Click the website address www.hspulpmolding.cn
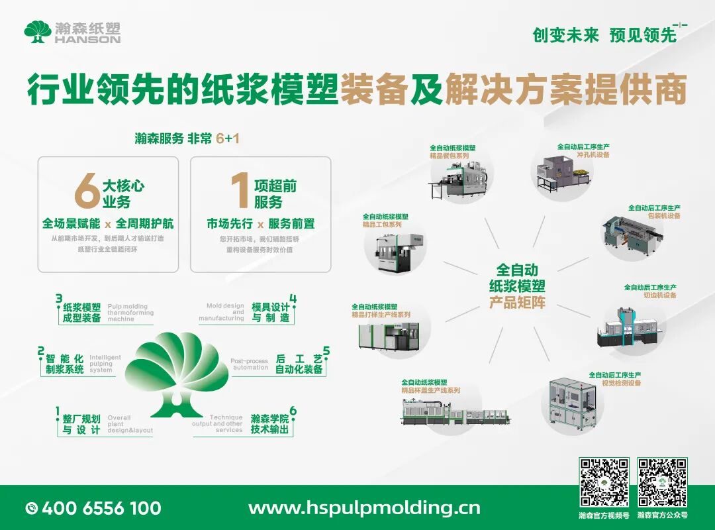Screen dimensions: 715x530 click(x=364, y=508)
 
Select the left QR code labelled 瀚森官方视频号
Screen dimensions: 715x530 click(x=604, y=482)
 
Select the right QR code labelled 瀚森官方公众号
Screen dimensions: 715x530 click(x=662, y=482)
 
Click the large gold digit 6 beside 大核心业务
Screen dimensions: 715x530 click(x=87, y=191)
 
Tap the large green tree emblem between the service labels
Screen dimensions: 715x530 click(x=177, y=374)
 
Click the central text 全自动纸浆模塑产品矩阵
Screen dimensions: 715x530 click(x=517, y=286)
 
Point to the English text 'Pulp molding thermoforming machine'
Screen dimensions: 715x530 click(x=130, y=313)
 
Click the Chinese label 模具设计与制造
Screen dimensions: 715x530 click(x=270, y=312)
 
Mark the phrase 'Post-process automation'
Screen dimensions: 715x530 click(x=250, y=364)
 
